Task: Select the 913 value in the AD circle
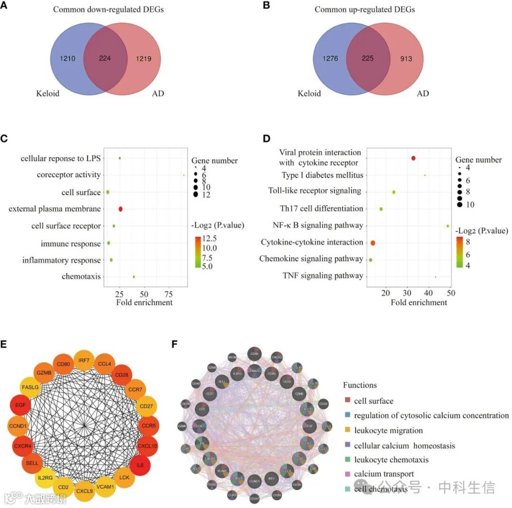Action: click(405, 59)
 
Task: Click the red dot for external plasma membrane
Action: click(120, 209)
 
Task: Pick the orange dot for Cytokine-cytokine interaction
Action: click(373, 243)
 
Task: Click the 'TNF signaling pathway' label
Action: click(323, 275)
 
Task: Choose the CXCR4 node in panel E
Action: click(22, 446)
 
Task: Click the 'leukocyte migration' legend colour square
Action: click(347, 430)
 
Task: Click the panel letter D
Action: click(266, 139)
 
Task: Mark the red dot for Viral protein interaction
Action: click(413, 158)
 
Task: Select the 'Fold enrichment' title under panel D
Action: click(419, 302)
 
